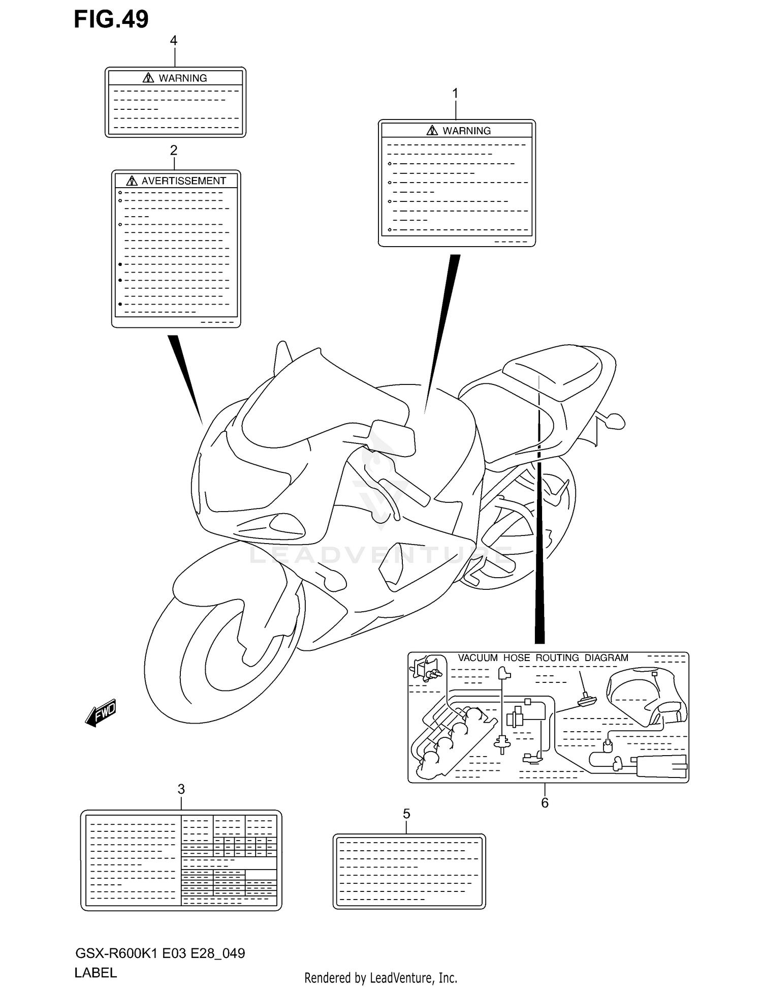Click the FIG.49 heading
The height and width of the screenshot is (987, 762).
(111, 19)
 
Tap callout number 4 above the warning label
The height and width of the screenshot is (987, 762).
(174, 41)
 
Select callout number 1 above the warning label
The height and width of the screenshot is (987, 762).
(455, 94)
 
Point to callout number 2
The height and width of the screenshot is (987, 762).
(174, 151)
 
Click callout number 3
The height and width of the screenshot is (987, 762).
(181, 789)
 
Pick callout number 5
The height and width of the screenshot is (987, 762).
(406, 814)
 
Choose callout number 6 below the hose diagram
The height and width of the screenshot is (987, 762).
(545, 803)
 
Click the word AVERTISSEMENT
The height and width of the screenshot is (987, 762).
(183, 181)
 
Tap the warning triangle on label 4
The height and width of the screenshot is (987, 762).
(148, 78)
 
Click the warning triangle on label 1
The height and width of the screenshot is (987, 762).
(432, 131)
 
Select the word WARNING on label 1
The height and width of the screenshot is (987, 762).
(466, 131)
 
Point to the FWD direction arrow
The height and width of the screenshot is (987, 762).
(101, 712)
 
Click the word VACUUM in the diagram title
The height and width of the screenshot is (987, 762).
(478, 658)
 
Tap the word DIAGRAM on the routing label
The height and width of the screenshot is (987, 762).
(606, 658)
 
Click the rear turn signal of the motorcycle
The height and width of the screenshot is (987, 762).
(615, 421)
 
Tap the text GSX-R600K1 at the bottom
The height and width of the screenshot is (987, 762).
(116, 953)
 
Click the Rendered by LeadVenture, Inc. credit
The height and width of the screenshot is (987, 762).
(380, 978)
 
